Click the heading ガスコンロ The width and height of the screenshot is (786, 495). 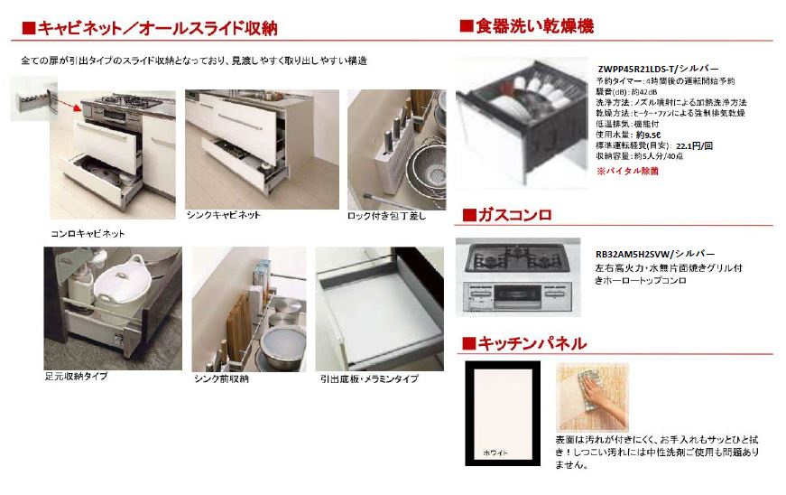click(514, 215)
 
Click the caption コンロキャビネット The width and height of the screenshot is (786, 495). click(88, 233)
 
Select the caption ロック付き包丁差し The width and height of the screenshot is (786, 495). click(386, 216)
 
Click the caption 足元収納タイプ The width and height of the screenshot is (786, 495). click(76, 376)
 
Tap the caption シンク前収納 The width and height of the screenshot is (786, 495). click(221, 378)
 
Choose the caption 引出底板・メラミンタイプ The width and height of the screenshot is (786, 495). click(369, 378)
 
